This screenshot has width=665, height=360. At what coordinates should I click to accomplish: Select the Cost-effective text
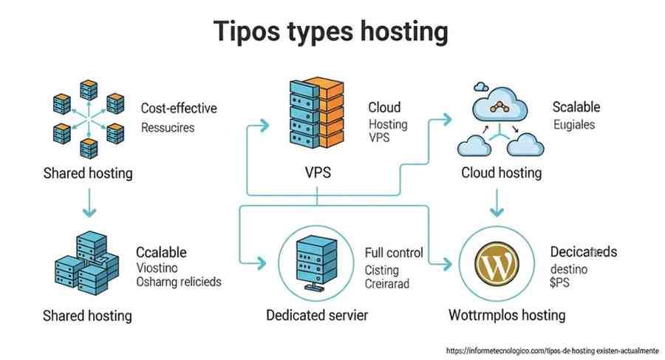(x=179, y=109)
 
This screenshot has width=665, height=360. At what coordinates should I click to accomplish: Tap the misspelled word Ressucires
(x=168, y=127)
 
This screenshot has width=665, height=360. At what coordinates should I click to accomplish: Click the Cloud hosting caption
(x=501, y=173)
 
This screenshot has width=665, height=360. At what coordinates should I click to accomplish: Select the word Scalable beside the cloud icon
(x=576, y=107)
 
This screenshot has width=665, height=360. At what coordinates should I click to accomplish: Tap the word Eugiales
(x=573, y=125)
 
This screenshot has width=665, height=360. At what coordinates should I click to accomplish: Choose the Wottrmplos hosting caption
(x=507, y=315)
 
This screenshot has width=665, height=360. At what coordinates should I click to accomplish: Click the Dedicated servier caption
(x=317, y=316)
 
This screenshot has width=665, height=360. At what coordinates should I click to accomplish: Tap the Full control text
(x=394, y=253)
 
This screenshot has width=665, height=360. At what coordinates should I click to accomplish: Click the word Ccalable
(x=161, y=253)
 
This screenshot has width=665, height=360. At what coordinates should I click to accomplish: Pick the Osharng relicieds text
(x=179, y=282)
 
